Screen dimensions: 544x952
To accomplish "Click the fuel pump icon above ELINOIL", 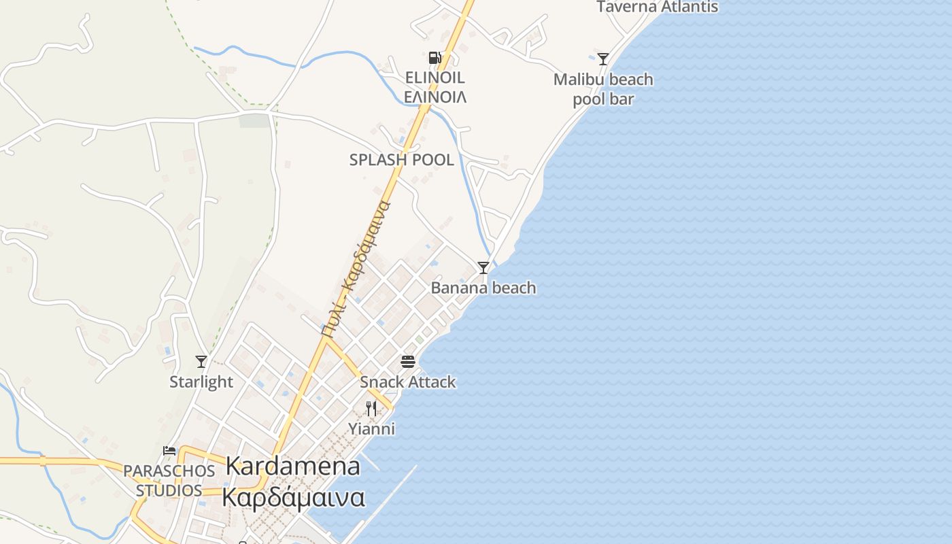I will coord(435,58).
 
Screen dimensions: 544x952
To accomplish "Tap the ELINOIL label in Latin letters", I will coord(435,77).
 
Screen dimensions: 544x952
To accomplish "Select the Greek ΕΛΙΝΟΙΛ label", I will coord(435,97).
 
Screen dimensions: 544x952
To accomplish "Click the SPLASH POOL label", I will coord(401,160).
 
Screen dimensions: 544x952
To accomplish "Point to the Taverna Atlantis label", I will coord(657,7).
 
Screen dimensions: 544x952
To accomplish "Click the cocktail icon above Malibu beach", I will coord(602,59).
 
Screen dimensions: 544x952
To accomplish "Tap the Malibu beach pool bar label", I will coord(603,89).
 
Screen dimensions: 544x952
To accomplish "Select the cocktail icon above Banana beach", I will coord(483,268).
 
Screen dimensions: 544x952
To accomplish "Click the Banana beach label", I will coord(483,288).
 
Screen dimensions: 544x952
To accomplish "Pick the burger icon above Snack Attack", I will coord(408,361).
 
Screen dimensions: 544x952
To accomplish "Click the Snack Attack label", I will coord(408,381).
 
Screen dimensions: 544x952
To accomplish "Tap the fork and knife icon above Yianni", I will coord(371,409).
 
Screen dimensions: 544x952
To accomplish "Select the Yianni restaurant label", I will coord(371,429).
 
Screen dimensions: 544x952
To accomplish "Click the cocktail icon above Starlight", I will coord(201,362).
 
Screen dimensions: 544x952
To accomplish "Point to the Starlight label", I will coord(201,381).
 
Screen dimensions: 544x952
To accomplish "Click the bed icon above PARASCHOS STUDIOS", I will coord(169,450).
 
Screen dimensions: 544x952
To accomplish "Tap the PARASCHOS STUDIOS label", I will coord(169,480).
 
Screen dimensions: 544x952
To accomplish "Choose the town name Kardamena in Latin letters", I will coord(292,466).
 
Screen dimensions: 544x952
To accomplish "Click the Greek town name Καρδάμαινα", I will coord(293,498).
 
